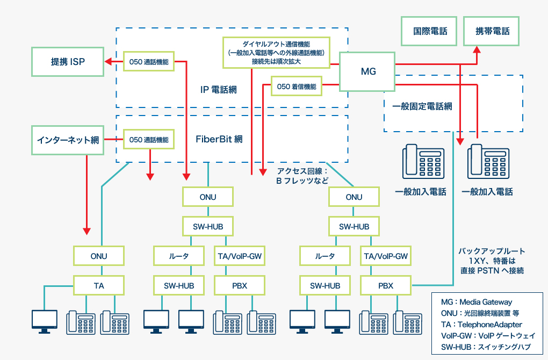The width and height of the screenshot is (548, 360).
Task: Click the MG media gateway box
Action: pos(367,71)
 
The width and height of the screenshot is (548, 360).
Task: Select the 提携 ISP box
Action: pos(67,62)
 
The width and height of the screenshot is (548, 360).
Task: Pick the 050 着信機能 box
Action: pos(296,86)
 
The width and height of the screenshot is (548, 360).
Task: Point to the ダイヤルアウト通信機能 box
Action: pos(276,52)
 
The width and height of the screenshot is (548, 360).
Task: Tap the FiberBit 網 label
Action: pos(219,139)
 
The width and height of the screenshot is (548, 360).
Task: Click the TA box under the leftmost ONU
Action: pos(99,285)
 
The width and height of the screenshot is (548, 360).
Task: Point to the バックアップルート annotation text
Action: pos(491,261)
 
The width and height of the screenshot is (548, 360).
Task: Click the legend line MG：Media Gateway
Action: pos(476,302)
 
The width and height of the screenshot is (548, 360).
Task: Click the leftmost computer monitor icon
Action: pos(45,321)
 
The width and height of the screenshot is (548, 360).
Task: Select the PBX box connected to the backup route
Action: pos(385,285)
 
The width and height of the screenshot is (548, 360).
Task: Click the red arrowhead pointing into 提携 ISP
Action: pos(107,62)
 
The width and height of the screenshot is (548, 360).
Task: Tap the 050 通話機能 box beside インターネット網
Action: pos(149,140)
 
